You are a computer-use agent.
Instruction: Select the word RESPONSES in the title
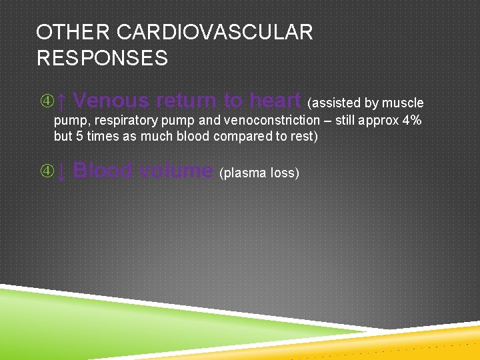click(102, 58)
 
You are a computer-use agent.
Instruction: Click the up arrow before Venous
click(61, 101)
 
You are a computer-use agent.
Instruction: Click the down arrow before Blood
click(61, 171)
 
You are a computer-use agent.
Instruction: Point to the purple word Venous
click(111, 101)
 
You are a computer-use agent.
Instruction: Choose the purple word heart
click(275, 101)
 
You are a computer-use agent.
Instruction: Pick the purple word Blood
click(100, 171)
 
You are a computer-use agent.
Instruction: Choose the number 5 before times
click(81, 137)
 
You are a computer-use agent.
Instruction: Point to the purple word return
click(187, 101)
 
